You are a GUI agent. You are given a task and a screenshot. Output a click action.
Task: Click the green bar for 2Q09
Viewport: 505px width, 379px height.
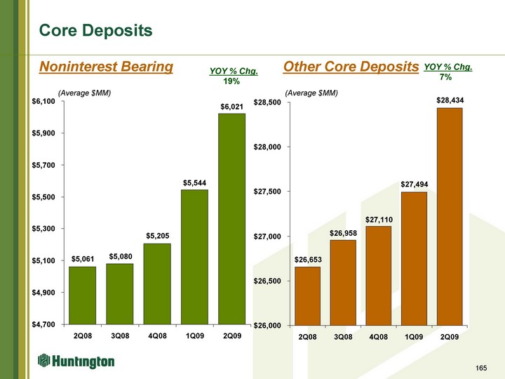tap(232, 219)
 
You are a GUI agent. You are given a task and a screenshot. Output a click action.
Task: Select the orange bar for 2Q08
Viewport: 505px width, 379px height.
tap(308, 296)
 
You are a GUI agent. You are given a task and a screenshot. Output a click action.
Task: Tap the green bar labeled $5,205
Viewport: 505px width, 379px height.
tap(157, 284)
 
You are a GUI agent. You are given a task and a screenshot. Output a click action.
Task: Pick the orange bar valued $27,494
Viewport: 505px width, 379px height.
tap(414, 258)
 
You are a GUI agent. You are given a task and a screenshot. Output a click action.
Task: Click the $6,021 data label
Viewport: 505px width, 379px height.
tap(232, 107)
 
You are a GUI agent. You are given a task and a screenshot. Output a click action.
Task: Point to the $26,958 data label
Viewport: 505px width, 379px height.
tap(343, 233)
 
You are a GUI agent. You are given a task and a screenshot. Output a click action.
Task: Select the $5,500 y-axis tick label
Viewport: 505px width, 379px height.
tap(43, 197)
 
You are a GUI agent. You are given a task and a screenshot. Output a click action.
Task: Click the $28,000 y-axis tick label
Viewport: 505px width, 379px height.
tap(267, 147)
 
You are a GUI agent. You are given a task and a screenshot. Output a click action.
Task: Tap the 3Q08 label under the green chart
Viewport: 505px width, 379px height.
tap(120, 335)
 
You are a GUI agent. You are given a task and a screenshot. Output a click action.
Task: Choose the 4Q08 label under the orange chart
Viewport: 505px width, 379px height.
tap(379, 337)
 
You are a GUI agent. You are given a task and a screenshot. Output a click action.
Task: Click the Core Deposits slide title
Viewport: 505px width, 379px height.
tap(95, 31)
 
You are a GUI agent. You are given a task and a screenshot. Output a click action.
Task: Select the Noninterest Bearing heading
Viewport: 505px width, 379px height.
tap(106, 67)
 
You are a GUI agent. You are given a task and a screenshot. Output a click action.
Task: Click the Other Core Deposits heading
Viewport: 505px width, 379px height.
tap(351, 67)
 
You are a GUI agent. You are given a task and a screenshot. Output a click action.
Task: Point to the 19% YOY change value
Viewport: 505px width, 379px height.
tap(231, 81)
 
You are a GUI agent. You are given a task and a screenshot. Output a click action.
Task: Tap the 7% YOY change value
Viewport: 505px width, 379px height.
tap(446, 77)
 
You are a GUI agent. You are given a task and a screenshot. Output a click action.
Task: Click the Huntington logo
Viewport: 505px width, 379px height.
tap(76, 361)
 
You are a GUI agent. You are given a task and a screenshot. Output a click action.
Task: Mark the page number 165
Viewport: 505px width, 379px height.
tap(481, 368)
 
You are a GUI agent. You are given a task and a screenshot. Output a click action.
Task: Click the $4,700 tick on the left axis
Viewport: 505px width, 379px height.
tap(43, 324)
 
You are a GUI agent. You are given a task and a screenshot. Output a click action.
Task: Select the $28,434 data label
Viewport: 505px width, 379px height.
tap(450, 100)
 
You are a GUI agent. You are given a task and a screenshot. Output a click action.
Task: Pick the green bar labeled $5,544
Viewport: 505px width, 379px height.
tap(194, 257)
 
